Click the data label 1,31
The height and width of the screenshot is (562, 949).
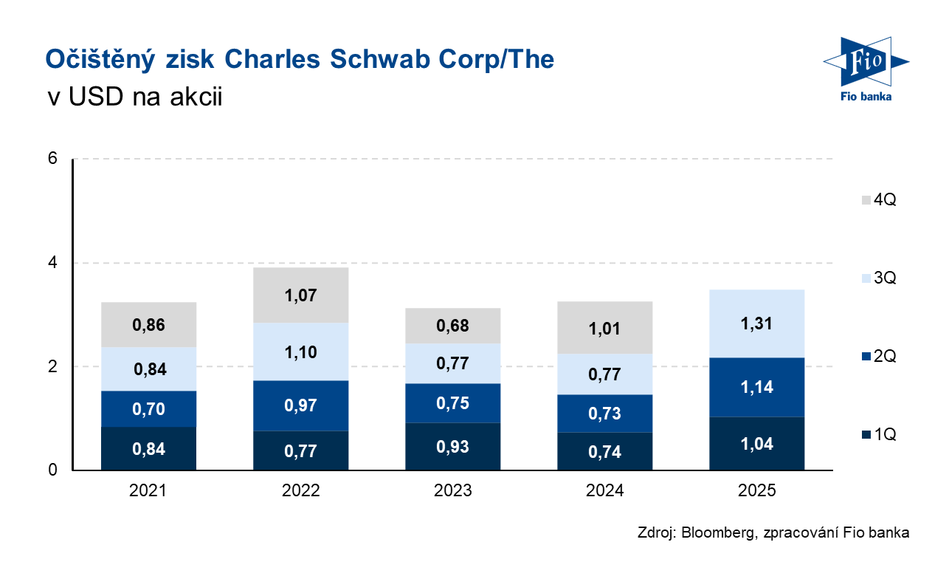756,323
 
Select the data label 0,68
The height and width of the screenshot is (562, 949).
452,326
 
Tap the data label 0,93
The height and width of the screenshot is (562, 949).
452,446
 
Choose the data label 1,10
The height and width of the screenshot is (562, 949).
300,352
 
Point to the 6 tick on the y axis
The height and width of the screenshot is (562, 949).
53,160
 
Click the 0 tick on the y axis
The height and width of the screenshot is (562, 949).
53,470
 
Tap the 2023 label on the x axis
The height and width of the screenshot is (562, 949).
452,490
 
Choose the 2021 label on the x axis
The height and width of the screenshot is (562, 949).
148,490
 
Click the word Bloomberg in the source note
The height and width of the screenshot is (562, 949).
714,533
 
